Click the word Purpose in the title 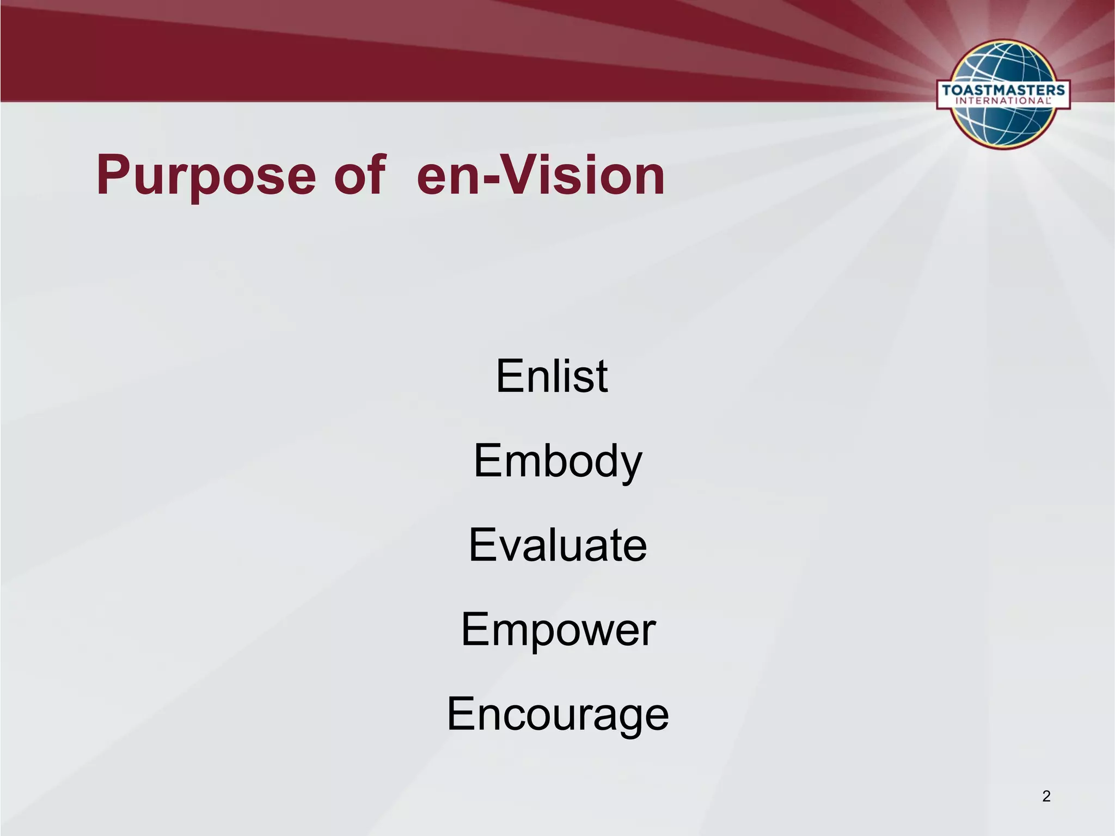[x=206, y=175]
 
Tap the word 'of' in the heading [x=360, y=175]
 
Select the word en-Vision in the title [x=541, y=175]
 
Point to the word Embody [x=557, y=462]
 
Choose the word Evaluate [x=557, y=545]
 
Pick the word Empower [x=558, y=630]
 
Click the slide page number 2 [x=1046, y=796]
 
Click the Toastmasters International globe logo [x=1003, y=94]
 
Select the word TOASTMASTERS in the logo [x=1003, y=90]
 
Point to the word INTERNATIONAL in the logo [x=1003, y=101]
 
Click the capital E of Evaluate [x=482, y=545]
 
